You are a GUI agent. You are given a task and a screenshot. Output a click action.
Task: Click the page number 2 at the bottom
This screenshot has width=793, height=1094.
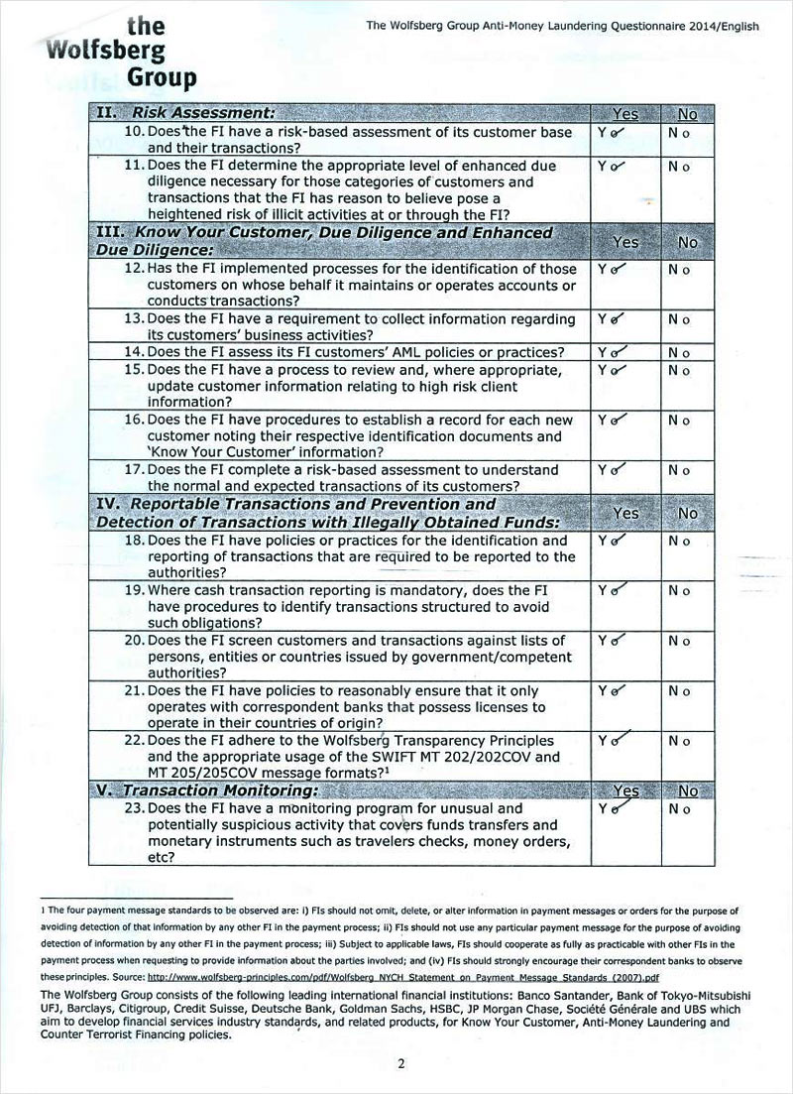pyautogui.click(x=401, y=1064)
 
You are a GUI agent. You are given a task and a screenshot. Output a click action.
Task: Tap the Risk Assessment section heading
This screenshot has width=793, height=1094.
pyautogui.click(x=203, y=113)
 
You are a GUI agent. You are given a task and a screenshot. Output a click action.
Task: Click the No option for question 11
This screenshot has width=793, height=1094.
pyautogui.click(x=679, y=166)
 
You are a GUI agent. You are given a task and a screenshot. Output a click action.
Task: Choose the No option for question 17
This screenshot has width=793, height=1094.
pyautogui.click(x=679, y=470)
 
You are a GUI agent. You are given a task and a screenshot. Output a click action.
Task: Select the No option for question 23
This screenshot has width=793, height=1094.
pyautogui.click(x=679, y=808)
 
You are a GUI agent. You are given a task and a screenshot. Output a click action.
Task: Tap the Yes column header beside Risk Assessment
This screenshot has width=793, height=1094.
pyautogui.click(x=625, y=114)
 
